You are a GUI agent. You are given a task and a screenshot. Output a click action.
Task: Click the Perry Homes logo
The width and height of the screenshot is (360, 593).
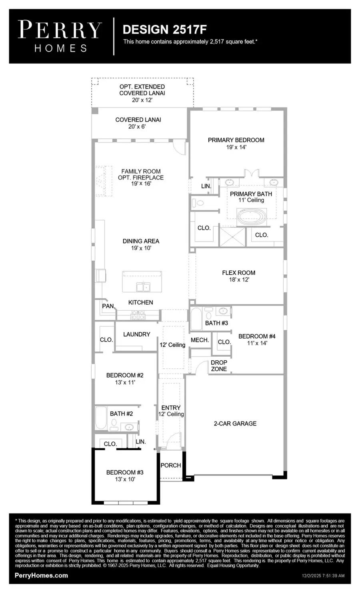coord(60,36)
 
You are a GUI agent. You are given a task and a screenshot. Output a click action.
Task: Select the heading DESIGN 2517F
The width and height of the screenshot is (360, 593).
coord(164,29)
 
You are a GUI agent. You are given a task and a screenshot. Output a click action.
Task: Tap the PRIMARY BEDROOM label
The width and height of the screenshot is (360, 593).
coord(236,140)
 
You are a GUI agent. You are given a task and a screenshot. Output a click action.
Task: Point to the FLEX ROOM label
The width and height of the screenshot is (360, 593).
coord(238,273)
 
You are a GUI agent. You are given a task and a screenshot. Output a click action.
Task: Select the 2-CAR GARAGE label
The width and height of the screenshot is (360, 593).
coord(235,423)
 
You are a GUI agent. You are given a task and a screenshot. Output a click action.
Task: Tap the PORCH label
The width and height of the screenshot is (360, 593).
coord(171,465)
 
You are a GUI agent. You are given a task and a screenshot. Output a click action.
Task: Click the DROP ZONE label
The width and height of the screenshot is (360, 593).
coord(219,366)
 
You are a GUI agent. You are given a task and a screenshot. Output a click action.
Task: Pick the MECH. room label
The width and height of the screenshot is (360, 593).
coord(200,340)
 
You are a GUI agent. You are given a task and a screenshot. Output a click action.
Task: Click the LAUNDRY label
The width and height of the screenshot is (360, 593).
coord(136,334)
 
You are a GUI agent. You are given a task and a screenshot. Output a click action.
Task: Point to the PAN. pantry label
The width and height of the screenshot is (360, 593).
coord(108,306)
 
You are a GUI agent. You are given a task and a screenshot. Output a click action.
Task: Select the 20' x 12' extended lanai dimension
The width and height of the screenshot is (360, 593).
coord(142,100)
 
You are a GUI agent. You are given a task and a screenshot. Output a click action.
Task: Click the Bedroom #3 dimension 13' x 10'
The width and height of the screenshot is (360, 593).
coord(125,479)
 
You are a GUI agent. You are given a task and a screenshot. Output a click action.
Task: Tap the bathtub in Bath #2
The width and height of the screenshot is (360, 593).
coord(102,418)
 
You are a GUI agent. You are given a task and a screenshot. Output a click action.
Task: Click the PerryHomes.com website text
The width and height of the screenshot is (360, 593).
coord(41,575)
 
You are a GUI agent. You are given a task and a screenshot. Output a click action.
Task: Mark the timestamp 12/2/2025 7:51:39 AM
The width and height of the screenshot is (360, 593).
coord(323,576)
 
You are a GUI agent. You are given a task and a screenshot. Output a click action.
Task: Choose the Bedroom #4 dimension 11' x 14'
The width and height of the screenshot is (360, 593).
coord(257,343)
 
